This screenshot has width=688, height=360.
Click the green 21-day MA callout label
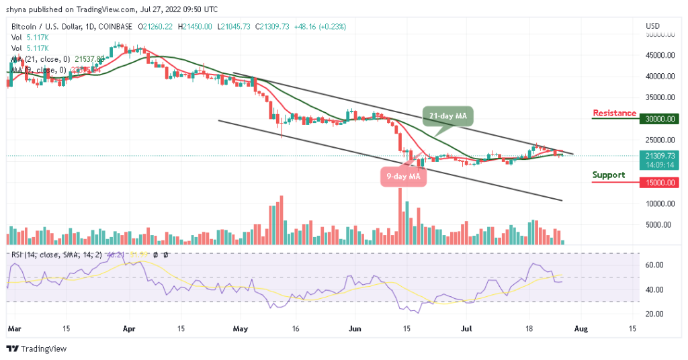[447, 116]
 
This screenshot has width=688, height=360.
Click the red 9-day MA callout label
[402, 177]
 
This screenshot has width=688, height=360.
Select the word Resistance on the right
[614, 113]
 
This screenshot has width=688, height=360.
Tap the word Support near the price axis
[608, 175]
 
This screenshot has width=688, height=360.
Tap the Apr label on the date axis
[130, 329]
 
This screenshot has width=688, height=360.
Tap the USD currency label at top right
[652, 26]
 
